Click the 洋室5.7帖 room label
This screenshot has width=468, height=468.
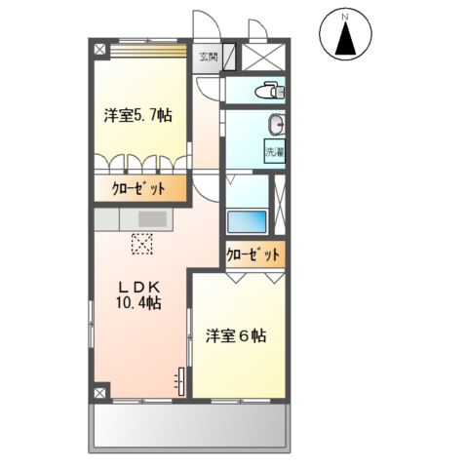coord(138,115)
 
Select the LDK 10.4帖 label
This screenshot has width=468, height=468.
coord(139,294)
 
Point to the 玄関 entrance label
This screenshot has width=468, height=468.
coord(210,57)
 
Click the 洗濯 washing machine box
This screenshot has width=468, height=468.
coord(274,152)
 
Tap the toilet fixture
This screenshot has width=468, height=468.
coord(268,91)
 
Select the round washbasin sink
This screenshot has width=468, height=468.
coord(277,124)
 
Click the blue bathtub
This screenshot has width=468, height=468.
coord(247,220)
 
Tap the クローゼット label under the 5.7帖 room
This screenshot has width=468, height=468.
coord(137,189)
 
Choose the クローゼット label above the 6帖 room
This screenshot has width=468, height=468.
coord(253,255)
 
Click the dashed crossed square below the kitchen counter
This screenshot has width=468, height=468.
coord(142,243)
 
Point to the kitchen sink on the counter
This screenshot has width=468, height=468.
coord(153,219)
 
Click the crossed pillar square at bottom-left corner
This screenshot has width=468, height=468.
coord(99,393)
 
